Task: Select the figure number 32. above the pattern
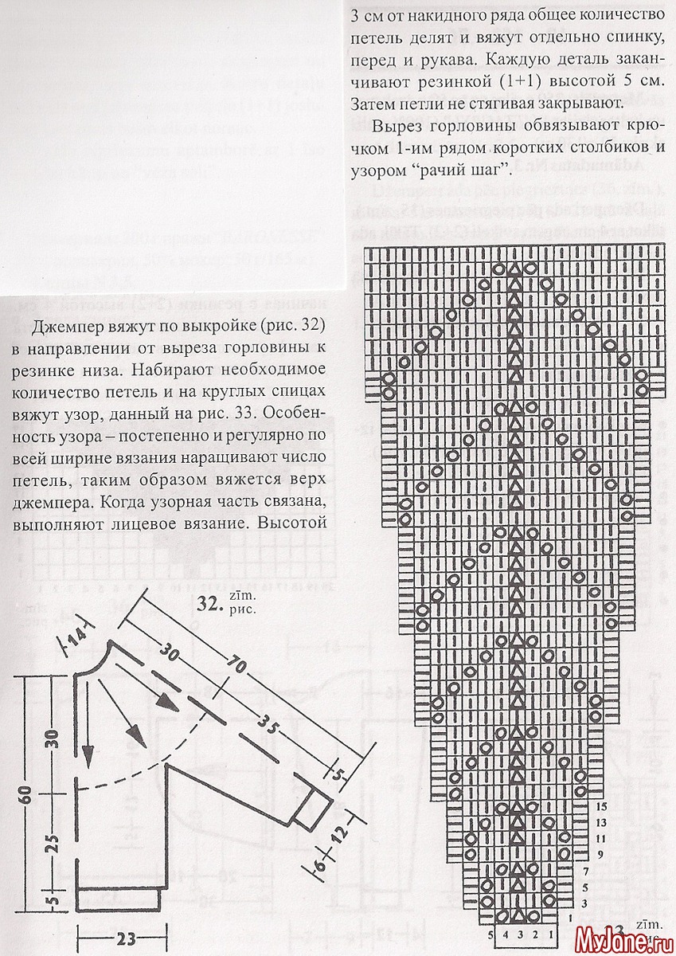click(x=209, y=607)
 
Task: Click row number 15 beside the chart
click(x=600, y=807)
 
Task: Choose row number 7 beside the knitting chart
click(x=586, y=871)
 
